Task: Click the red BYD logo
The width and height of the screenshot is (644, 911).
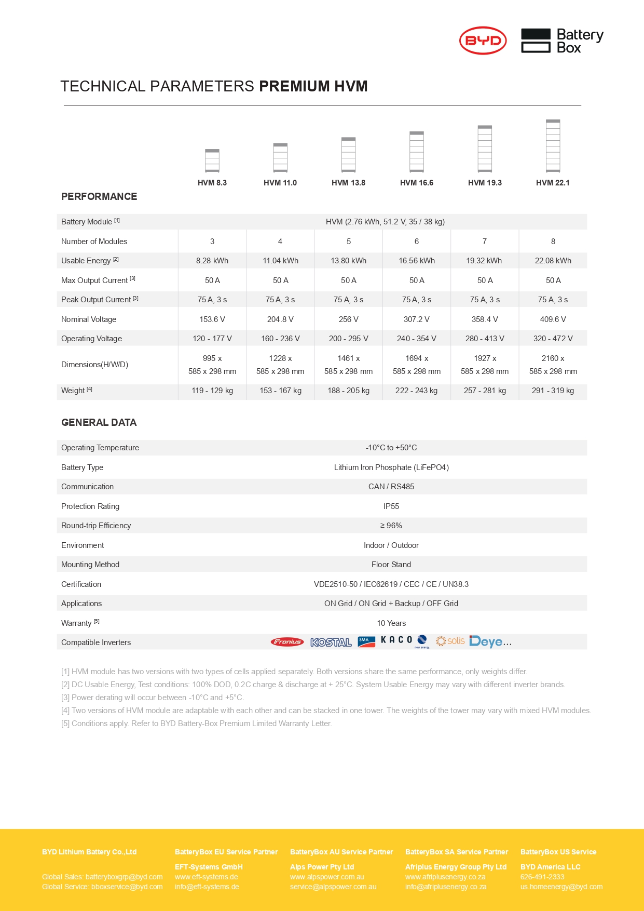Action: pos(483,41)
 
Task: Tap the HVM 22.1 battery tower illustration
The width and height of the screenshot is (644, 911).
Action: pos(553,146)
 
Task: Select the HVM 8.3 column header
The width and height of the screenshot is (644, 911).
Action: pos(212,183)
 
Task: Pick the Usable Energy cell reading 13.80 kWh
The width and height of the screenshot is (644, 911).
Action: pos(348,261)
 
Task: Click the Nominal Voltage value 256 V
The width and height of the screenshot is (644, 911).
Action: pos(348,319)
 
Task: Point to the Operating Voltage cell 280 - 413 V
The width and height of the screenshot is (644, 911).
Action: pos(485,339)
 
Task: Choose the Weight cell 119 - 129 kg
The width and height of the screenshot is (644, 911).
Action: pos(212,391)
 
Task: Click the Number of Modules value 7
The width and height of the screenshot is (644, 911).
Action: pos(485,242)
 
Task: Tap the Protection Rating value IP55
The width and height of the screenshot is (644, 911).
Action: pos(391,506)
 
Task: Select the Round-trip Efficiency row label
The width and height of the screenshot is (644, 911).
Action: pos(96,526)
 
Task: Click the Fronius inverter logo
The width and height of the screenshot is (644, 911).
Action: pos(287,642)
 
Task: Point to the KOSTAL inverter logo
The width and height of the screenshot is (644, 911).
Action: pos(331,642)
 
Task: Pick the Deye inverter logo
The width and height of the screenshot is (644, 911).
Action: pos(490,642)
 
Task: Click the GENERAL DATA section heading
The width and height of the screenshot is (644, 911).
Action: pos(99,423)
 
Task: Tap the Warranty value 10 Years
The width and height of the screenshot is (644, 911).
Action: pos(391,623)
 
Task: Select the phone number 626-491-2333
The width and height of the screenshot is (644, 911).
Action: pos(542,877)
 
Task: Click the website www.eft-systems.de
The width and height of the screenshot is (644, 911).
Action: pos(206,877)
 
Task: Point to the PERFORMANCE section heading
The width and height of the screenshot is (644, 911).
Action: pos(99,197)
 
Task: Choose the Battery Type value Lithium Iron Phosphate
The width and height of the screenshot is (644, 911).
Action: pos(391,467)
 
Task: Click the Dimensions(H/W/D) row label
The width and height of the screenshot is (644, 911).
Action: pos(94,365)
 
